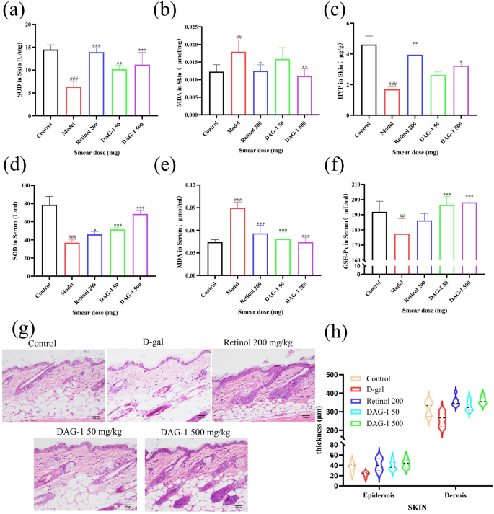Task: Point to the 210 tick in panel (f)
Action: tap(349, 186)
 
